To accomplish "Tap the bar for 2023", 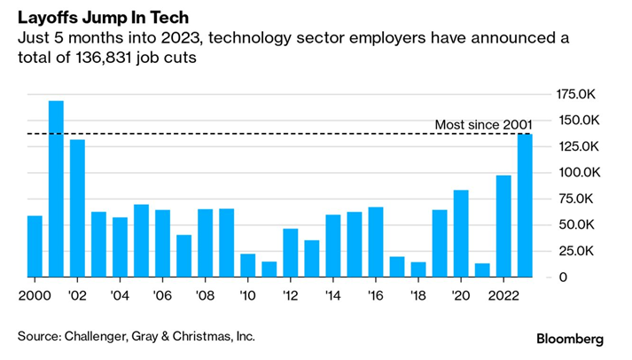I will (525, 205).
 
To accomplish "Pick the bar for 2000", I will (35, 246).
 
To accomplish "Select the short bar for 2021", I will (482, 270).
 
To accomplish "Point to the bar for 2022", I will (503, 225).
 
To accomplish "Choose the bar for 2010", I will (247, 265).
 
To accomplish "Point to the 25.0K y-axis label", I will (574, 251).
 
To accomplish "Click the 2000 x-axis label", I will (35, 295).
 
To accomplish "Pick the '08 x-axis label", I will (205, 295).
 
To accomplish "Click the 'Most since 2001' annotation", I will (484, 124).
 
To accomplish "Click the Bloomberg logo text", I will (570, 339).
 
